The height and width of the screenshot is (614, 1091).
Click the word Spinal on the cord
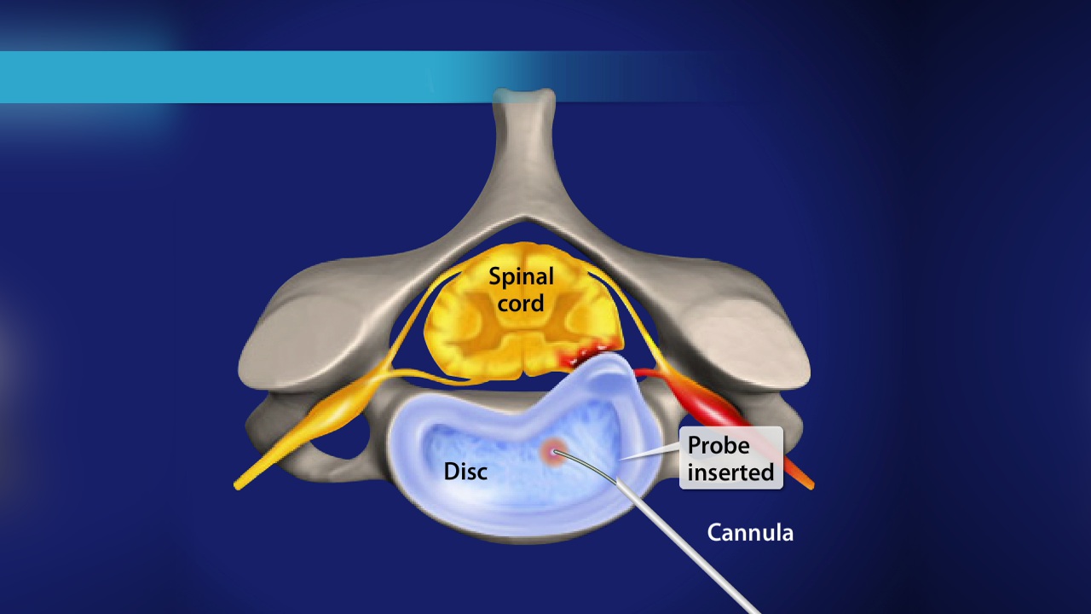click(x=521, y=277)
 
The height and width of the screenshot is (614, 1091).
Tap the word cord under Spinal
click(x=521, y=303)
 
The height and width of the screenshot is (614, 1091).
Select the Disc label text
click(x=465, y=471)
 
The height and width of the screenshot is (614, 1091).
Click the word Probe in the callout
click(x=719, y=446)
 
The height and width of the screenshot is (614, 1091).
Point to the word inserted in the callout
click(x=730, y=472)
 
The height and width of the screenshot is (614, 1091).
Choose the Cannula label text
click(x=750, y=533)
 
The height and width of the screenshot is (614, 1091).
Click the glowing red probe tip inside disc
click(x=555, y=453)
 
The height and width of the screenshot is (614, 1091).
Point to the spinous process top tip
click(x=523, y=96)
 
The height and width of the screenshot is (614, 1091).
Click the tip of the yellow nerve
click(x=238, y=485)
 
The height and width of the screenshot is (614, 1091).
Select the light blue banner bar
click(x=256, y=77)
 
